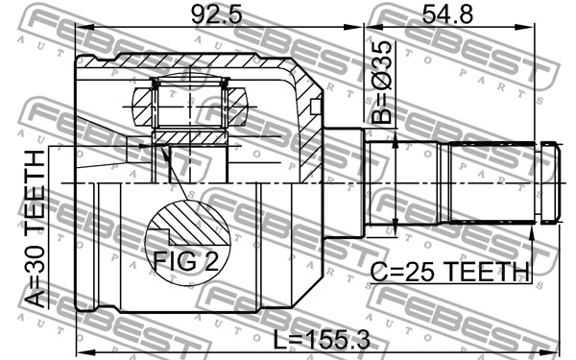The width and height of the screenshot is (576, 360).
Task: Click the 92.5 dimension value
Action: point(217,14)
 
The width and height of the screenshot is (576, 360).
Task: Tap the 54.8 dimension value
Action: point(447,14)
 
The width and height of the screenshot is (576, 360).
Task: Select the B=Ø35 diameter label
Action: point(381,83)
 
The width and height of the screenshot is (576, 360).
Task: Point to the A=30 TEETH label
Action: point(36,229)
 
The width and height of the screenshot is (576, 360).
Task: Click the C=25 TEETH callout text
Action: point(449,272)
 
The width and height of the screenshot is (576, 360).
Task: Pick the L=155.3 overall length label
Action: point(322,340)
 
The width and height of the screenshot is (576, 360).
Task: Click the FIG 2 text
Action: point(186,261)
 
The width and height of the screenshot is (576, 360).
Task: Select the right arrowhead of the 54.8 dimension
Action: point(524,28)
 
